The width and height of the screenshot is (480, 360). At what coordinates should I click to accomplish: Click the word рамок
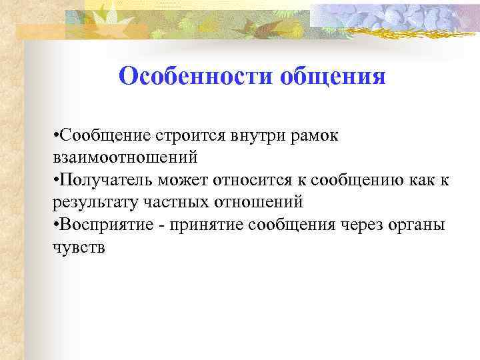tap(317, 137)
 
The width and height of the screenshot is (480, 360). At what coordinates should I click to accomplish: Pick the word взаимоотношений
tap(125, 158)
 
